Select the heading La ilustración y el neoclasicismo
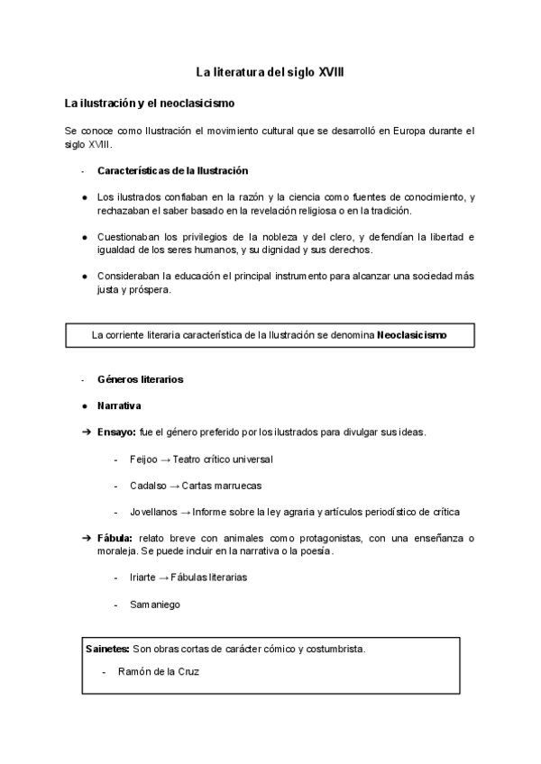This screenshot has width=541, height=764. (x=150, y=104)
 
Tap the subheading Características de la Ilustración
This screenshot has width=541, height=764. (x=172, y=171)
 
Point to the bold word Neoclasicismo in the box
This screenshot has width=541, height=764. (x=412, y=335)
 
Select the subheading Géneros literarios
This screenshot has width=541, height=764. (x=140, y=379)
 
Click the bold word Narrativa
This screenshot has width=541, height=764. (x=119, y=405)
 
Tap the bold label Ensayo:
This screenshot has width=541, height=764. (x=116, y=432)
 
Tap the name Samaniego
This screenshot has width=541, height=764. (x=154, y=605)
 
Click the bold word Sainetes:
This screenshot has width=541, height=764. (x=106, y=648)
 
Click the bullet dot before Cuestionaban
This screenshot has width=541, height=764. (x=84, y=237)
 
